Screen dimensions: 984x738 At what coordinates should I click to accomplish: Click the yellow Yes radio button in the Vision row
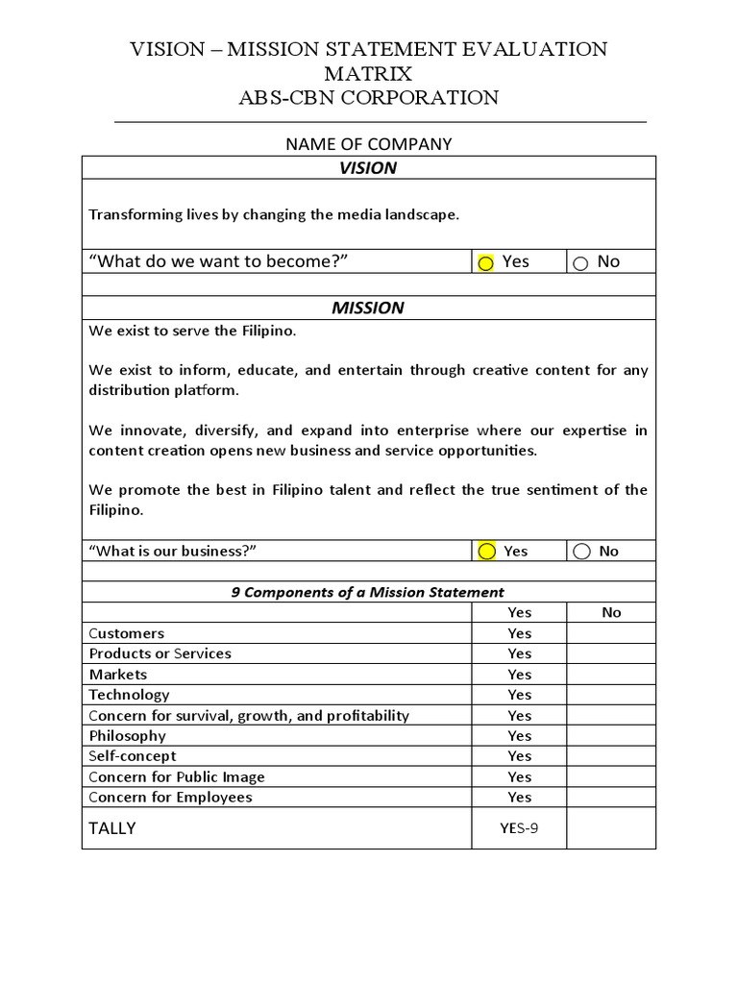pos(486,263)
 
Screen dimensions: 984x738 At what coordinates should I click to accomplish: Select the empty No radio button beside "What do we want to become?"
pos(580,263)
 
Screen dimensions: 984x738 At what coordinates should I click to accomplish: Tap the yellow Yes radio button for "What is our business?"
pos(486,551)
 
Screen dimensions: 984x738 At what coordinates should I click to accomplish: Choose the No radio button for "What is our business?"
pos(581,551)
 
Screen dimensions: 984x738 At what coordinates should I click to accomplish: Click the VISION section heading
pos(368,168)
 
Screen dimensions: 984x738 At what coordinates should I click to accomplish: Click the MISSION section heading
pos(368,308)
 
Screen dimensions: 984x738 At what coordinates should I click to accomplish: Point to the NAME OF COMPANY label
pos(368,144)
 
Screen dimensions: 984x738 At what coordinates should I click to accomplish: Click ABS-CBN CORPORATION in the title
pos(369,97)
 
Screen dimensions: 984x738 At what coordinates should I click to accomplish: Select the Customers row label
pos(127,633)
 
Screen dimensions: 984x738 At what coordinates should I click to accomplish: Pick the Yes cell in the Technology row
pos(519,695)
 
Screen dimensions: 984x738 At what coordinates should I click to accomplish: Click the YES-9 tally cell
pos(519,828)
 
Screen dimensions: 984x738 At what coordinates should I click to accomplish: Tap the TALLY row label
pos(112,828)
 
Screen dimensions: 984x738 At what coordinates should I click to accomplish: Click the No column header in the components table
pos(611,612)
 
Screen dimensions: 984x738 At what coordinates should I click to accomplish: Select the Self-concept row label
pos(133,756)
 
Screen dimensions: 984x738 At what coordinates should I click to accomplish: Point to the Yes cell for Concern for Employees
pos(519,798)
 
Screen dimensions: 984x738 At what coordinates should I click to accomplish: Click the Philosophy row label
pos(128,736)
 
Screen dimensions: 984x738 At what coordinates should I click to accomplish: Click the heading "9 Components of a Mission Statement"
pos(368,592)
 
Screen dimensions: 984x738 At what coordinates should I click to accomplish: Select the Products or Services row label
pos(160,653)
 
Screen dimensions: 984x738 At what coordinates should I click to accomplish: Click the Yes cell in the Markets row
pos(519,675)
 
